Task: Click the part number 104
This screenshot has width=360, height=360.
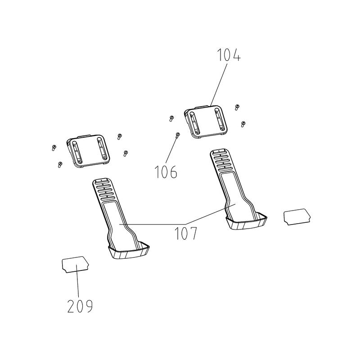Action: point(229,55)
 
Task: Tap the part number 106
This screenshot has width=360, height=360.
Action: point(166,172)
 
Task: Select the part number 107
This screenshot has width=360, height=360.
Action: point(186,233)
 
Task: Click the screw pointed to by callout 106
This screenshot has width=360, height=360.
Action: point(177,135)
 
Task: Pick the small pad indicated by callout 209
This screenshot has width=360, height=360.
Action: point(76,265)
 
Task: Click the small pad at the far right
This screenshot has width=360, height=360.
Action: point(297,217)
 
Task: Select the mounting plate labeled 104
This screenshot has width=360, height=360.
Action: point(206,121)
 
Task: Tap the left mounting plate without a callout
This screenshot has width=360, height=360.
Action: point(88,151)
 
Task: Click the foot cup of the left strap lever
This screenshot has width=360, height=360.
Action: point(129,250)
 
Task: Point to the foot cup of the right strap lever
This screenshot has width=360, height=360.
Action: point(246,221)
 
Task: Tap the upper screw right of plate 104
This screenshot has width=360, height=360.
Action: point(237,107)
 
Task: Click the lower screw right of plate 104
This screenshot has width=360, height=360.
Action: point(243,124)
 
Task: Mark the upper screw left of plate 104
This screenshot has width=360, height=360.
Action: point(171,118)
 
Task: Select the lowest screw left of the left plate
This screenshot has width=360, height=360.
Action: point(60,164)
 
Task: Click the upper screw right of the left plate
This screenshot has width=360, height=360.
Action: point(119,137)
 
